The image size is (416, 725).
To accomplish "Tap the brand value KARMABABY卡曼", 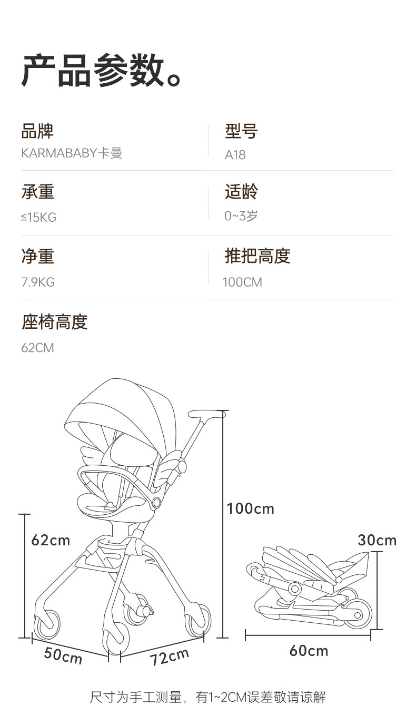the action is click(72, 153).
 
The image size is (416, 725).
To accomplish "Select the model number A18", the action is click(235, 155).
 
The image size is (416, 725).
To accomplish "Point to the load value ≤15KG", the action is click(38, 217).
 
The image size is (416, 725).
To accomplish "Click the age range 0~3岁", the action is click(241, 216).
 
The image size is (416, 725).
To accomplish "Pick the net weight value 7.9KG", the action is click(38, 282).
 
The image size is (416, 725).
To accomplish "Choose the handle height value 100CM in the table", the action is click(242, 282).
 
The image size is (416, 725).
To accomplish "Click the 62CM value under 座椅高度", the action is click(37, 348).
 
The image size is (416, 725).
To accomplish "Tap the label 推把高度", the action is click(257, 256).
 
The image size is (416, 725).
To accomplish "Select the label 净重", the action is click(37, 256).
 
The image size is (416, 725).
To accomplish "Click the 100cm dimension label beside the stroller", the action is click(250, 508).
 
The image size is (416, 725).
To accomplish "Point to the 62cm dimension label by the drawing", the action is click(51, 540).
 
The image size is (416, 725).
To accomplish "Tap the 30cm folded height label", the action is click(377, 540).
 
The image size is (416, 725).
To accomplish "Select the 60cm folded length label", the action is click(309, 651).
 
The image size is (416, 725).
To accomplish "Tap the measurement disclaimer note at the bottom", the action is click(208, 698).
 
